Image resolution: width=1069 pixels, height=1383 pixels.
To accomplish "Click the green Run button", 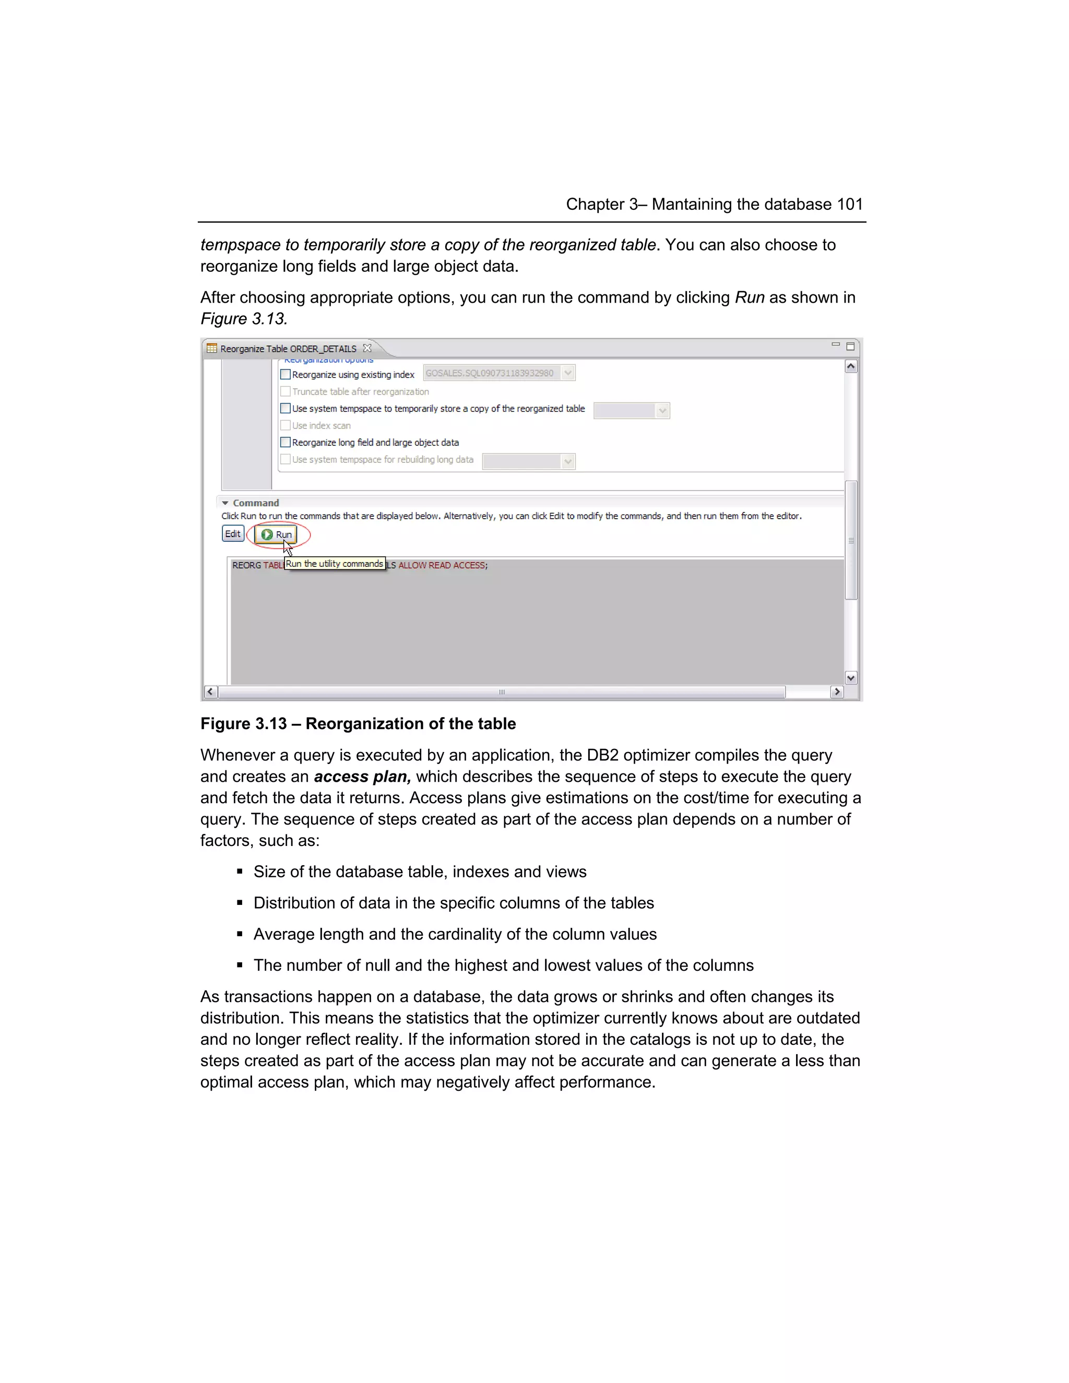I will coord(277,534).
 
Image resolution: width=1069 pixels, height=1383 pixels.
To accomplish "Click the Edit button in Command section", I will coord(232,534).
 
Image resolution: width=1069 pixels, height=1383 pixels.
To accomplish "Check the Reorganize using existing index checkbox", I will coord(286,374).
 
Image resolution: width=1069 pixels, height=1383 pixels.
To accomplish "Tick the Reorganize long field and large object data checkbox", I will coord(286,442).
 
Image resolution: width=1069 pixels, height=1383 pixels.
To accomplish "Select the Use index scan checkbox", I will coord(286,425).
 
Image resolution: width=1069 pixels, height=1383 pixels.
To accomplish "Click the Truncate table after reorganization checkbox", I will coord(286,391).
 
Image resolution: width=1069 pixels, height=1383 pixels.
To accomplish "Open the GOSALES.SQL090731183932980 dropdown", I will coord(567,373).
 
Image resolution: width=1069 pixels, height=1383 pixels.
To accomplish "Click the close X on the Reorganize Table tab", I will coord(366,348).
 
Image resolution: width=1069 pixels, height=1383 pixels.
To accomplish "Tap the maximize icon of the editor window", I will coord(850,347).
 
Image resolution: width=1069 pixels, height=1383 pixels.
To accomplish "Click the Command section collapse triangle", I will coord(225,503).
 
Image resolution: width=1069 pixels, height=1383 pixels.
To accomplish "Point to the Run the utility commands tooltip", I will coord(335,564).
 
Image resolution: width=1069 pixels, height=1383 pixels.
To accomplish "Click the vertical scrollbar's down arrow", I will coord(850,677).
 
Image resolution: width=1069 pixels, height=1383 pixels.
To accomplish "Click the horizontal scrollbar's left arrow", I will coord(210,691).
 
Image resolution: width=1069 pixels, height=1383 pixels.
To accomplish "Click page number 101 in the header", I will coord(850,204).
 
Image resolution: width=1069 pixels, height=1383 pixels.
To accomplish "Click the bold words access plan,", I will coord(362,777).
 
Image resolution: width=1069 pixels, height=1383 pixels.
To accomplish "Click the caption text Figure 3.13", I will coord(243,724).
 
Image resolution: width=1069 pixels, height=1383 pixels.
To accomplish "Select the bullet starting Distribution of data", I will coord(454,903).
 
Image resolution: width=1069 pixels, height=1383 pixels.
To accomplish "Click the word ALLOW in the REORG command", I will coord(412,565).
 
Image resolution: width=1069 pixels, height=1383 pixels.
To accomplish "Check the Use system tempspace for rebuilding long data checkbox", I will coord(286,459).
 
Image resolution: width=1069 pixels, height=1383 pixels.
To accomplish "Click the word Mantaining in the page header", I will coord(692,204).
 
